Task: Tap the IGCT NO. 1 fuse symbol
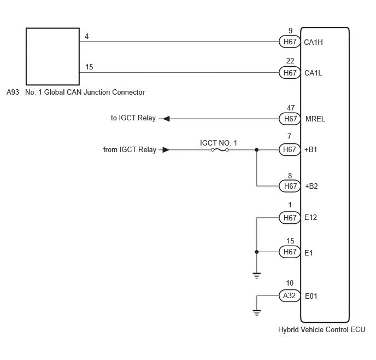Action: click(220, 150)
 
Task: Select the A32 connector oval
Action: click(290, 295)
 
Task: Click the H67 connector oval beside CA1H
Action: click(290, 42)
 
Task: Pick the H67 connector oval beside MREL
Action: click(290, 119)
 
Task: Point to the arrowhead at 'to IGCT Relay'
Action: click(166, 119)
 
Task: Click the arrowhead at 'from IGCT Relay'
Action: click(166, 150)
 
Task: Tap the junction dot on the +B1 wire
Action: click(256, 150)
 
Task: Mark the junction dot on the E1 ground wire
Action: click(256, 252)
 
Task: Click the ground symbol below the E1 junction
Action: click(256, 276)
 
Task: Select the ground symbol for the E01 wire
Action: click(256, 313)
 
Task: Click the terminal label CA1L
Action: click(313, 73)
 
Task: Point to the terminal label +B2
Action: click(312, 186)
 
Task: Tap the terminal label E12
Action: click(310, 217)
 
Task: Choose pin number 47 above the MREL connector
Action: click(291, 108)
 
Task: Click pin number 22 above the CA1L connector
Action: click(290, 61)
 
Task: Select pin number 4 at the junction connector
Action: click(86, 36)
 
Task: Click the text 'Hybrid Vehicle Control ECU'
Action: click(321, 330)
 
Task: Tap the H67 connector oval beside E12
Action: click(290, 218)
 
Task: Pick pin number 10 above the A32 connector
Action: click(290, 283)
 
